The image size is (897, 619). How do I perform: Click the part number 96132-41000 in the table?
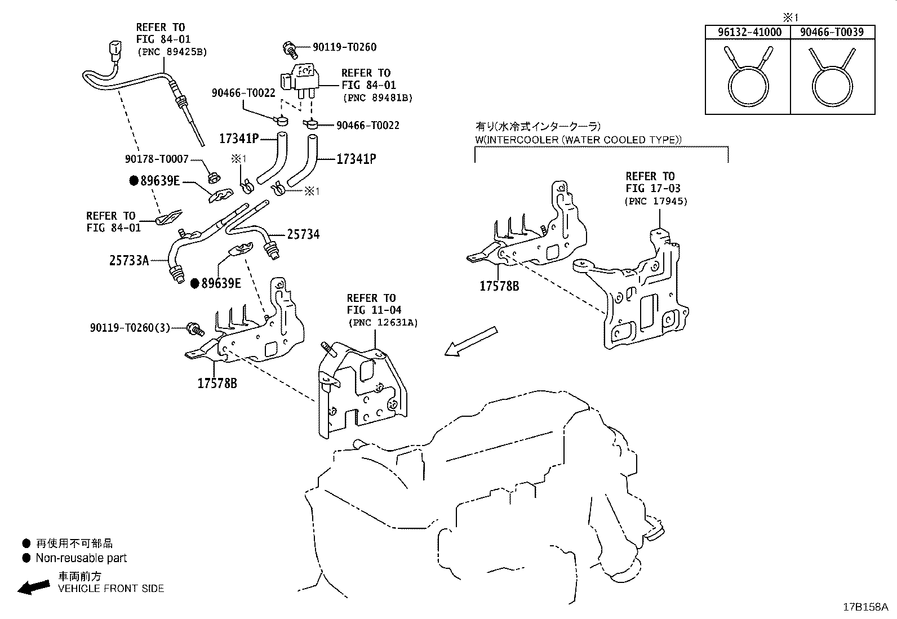click(x=749, y=32)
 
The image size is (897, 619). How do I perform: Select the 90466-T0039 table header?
click(x=832, y=32)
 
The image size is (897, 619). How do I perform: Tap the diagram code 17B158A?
click(x=865, y=607)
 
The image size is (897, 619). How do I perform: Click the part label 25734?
click(x=303, y=234)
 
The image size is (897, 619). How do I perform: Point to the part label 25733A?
click(x=129, y=261)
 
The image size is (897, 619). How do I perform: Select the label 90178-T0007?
click(x=157, y=159)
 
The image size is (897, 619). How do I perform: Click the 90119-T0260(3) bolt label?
click(x=130, y=328)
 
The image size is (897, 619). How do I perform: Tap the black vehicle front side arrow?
click(x=34, y=587)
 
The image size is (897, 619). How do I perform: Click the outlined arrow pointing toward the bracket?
click(x=471, y=341)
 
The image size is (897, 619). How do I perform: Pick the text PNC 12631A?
click(x=383, y=323)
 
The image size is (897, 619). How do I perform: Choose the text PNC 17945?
click(x=656, y=201)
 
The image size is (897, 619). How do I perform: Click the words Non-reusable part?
click(x=81, y=558)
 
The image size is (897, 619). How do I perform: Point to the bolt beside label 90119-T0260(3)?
click(x=196, y=329)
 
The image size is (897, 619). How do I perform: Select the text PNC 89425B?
click(x=172, y=52)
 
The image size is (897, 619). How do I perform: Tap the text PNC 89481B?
click(x=378, y=97)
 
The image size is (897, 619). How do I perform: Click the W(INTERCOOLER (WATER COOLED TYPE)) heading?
click(x=578, y=140)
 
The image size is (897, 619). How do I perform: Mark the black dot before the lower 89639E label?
click(x=195, y=284)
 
